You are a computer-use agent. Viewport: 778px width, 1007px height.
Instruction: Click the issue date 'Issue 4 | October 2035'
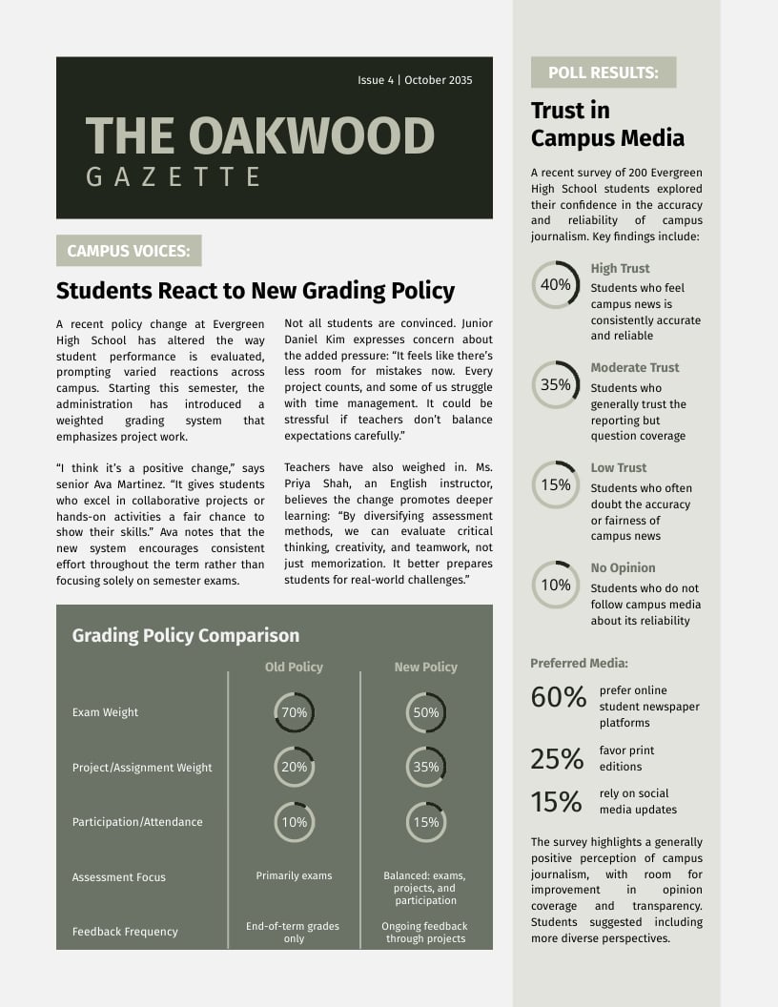415,80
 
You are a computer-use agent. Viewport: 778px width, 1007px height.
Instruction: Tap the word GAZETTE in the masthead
174,176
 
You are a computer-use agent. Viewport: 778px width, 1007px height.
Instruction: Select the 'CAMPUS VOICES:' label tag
129,251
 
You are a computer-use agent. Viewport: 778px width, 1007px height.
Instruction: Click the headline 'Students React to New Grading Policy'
256,291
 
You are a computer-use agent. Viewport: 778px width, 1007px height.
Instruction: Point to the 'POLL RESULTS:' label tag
603,72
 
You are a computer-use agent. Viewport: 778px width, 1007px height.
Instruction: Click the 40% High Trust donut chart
555,285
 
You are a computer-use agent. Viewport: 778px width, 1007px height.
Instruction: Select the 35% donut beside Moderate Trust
555,385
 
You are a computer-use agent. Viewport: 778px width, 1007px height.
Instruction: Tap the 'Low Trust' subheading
618,467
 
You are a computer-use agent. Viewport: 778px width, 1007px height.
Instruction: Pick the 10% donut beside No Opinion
555,585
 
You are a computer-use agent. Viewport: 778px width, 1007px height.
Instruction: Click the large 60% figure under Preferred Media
558,698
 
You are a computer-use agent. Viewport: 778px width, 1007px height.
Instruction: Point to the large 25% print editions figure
557,759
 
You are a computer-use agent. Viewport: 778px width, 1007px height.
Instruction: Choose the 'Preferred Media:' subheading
579,663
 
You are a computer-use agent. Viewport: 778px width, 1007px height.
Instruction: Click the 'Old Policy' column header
294,667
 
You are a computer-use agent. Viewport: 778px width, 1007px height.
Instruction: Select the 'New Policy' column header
425,667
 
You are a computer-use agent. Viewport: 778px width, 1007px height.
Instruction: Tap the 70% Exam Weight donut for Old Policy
294,712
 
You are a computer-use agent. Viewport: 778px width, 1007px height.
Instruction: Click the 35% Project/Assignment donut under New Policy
425,767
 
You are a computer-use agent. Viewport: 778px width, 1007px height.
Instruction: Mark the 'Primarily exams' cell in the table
294,875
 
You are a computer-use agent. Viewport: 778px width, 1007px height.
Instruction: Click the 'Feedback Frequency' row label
125,932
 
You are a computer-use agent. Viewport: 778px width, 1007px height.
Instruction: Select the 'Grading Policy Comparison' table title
186,635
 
